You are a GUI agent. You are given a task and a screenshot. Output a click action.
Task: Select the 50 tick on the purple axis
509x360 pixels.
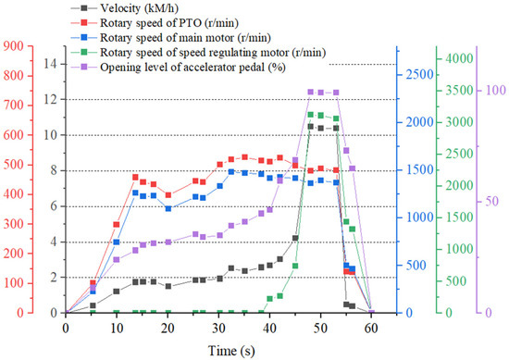point(493,202)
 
